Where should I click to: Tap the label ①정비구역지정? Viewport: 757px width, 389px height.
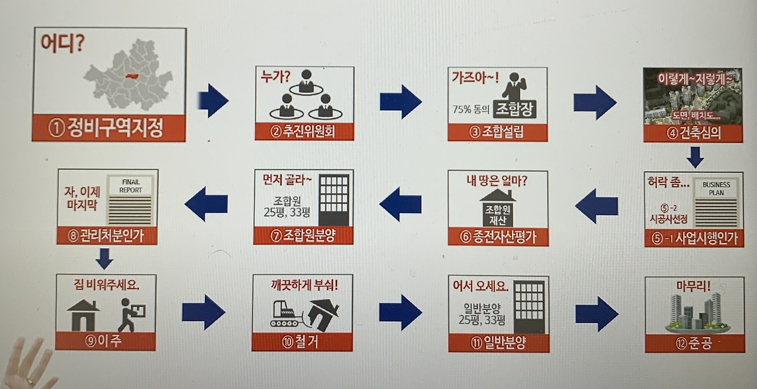point(109,128)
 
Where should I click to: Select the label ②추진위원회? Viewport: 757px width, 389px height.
point(304,131)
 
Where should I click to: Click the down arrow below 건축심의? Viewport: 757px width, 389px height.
point(695,157)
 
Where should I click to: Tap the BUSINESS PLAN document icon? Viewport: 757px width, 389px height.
point(716,201)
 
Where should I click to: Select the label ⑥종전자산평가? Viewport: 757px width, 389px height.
point(497,237)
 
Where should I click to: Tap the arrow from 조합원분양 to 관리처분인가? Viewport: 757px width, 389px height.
point(206,204)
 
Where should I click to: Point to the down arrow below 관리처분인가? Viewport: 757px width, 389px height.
point(104,258)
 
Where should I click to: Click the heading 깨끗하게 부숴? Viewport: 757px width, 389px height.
point(302,285)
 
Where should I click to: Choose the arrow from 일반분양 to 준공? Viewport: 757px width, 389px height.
point(596,314)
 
